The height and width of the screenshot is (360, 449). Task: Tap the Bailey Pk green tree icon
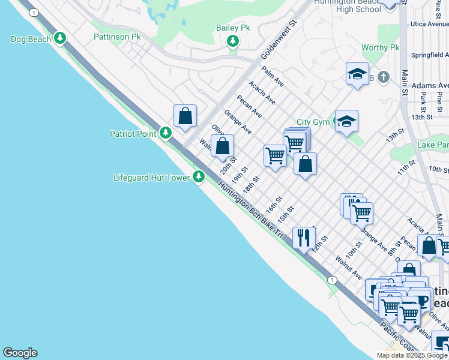pyautogui.click(x=233, y=41)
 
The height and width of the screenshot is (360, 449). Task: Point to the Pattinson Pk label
pyautogui.click(x=117, y=37)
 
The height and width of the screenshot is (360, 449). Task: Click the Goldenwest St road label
pyautogui.click(x=279, y=41)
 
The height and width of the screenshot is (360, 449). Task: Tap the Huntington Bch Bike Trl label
pyautogui.click(x=250, y=211)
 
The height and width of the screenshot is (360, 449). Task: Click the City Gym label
pyautogui.click(x=313, y=122)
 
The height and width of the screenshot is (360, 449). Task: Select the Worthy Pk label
pyautogui.click(x=381, y=47)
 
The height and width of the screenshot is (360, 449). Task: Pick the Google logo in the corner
pyautogui.click(x=20, y=353)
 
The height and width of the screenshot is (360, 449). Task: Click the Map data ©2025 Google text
pyautogui.click(x=412, y=355)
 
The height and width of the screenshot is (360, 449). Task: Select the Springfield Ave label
pyautogui.click(x=430, y=55)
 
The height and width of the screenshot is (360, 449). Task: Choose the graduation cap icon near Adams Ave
pyautogui.click(x=357, y=74)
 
